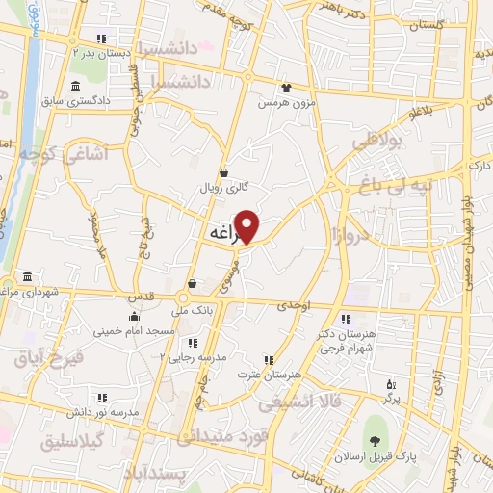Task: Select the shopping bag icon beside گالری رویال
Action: (223, 173)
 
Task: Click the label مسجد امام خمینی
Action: (135, 330)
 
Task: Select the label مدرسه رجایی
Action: (227, 356)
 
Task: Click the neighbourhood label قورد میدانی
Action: (220, 437)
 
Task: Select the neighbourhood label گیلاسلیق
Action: (75, 442)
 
